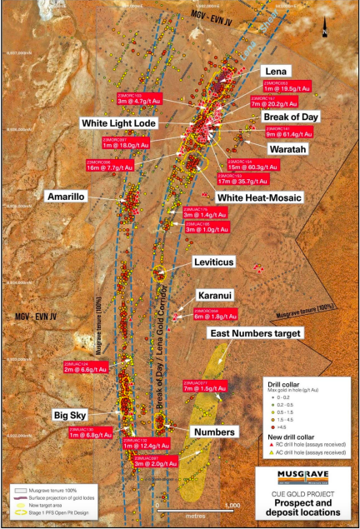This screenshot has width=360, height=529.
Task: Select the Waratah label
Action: pos(291,147)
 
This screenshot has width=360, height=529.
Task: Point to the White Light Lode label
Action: pos(122,122)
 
